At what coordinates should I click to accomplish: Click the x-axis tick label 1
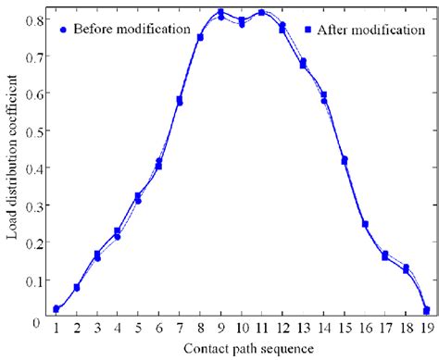[x=56, y=327]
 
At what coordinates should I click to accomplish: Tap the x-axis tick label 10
[x=241, y=327]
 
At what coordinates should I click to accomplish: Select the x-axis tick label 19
[x=426, y=327]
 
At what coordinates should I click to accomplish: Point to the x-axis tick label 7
[x=180, y=327]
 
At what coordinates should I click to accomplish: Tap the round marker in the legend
[x=60, y=31]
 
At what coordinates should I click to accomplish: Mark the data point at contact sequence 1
[x=56, y=308]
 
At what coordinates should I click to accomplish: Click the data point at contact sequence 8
[x=200, y=37]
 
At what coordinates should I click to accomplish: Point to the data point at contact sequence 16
[x=365, y=224]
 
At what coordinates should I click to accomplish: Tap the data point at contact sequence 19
[x=426, y=310]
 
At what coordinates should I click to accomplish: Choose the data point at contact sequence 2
[x=77, y=287]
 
